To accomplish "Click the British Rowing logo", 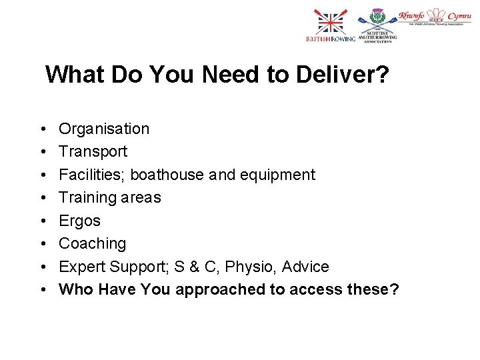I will [331, 27].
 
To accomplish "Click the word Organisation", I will [104, 129].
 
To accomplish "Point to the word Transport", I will [93, 151].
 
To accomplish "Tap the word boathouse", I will [167, 175].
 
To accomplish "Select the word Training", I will [86, 197].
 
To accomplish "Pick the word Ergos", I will [79, 221].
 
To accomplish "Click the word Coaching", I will [92, 243].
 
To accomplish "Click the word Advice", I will [305, 267].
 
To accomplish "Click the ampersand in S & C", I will [195, 267].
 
